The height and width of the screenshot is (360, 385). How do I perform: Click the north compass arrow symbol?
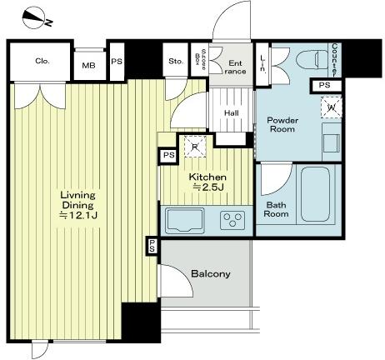point(33,14)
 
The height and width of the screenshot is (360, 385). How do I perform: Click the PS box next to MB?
point(117,61)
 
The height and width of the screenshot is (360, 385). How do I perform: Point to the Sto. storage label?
point(175,61)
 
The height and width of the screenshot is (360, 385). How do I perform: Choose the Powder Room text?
point(282,124)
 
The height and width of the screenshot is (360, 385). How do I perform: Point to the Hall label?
point(232,114)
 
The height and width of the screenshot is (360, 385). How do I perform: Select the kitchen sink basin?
point(183,220)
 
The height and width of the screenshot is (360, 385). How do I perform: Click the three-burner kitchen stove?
point(230,220)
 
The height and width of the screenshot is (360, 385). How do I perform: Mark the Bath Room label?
point(277,208)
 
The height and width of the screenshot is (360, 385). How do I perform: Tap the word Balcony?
point(210,274)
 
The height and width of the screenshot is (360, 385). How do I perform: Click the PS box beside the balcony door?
point(152,245)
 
